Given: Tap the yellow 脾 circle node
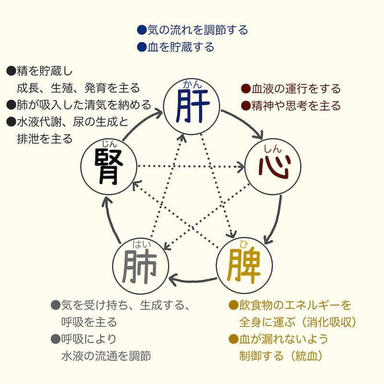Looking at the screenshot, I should coord(245,263).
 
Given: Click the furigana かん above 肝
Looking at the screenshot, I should coord(192,85).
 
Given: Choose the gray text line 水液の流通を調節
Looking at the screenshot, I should coord(107,356).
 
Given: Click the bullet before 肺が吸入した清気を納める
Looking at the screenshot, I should coord(11,105).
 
